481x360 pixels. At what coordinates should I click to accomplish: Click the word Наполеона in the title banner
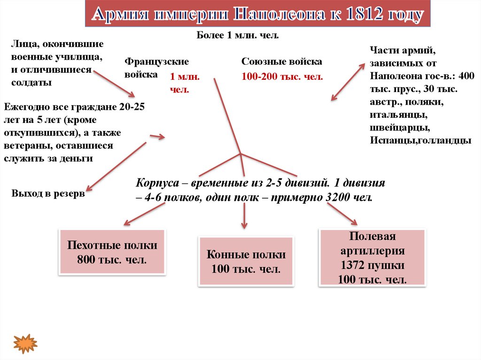pos(281,15)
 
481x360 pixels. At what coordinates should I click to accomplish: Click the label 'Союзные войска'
pos(282,62)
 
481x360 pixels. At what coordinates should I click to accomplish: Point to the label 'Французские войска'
pos(156,68)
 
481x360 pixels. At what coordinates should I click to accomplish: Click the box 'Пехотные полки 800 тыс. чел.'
pos(112,252)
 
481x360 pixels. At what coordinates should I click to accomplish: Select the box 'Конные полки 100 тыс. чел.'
pos(246,261)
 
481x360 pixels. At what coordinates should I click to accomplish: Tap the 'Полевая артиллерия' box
pos(372,258)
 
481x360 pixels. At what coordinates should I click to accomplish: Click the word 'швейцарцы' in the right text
pos(398,127)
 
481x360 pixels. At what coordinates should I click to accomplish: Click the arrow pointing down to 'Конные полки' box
pos(244,216)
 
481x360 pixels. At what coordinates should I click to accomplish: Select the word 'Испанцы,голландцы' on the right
pos(420,140)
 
